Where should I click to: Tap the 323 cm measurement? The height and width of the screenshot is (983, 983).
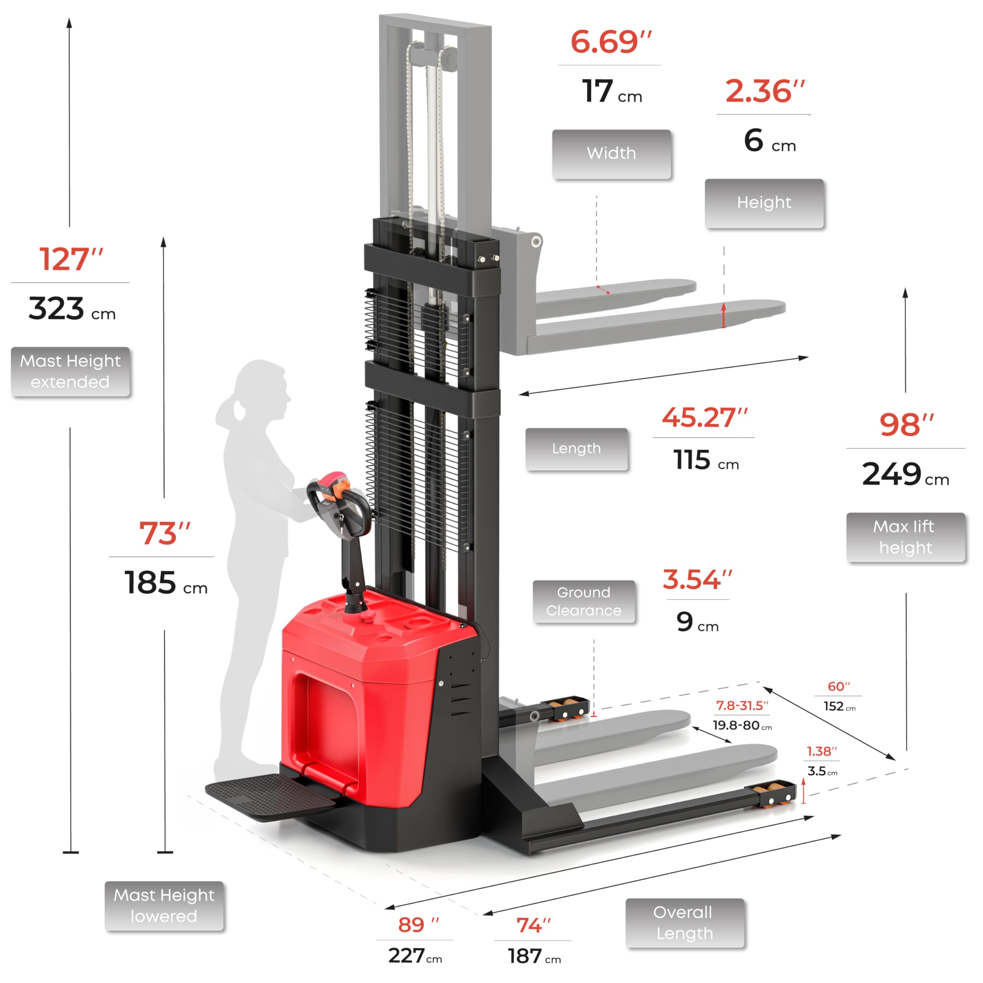point(72,308)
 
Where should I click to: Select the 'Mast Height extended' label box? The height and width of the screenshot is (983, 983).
point(70,371)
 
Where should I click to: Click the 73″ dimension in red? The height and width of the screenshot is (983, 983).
point(165,533)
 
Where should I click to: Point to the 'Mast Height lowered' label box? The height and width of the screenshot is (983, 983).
point(164,906)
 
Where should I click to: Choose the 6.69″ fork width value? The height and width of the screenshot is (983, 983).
point(611,42)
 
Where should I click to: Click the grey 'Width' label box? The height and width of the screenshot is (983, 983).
point(611,154)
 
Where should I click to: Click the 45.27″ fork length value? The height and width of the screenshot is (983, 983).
point(705,417)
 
